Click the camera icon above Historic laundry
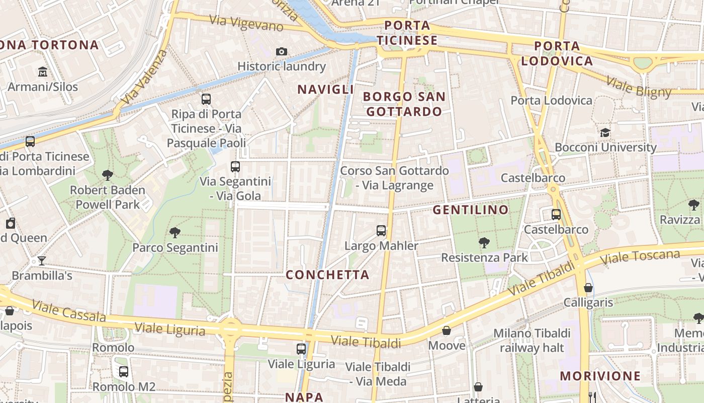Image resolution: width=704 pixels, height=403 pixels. click(282, 51)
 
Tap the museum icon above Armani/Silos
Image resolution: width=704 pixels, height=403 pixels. click(43, 72)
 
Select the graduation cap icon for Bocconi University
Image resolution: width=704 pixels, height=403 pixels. click(605, 132)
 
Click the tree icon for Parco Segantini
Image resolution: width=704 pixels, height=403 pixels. click(175, 232)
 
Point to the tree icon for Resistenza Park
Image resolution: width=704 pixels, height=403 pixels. click(484, 243)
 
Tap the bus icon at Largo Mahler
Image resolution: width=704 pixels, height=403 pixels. click(381, 231)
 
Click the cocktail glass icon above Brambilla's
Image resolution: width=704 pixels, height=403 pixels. click(42, 260)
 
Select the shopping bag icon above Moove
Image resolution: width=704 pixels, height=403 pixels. click(447, 330)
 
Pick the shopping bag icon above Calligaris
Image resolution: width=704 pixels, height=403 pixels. click(588, 288)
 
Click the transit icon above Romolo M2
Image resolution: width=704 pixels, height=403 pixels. click(123, 372)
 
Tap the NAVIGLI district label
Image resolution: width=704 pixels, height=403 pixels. click(326, 90)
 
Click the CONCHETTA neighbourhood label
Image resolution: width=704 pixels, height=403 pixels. click(327, 275)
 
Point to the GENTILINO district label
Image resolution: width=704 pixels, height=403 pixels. click(471, 210)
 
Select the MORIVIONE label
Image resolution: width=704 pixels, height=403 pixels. click(600, 376)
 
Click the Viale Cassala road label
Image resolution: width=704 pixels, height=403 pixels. click(69, 311)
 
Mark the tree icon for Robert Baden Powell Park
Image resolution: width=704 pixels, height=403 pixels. click(107, 175)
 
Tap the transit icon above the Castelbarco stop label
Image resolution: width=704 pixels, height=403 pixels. click(556, 215)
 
